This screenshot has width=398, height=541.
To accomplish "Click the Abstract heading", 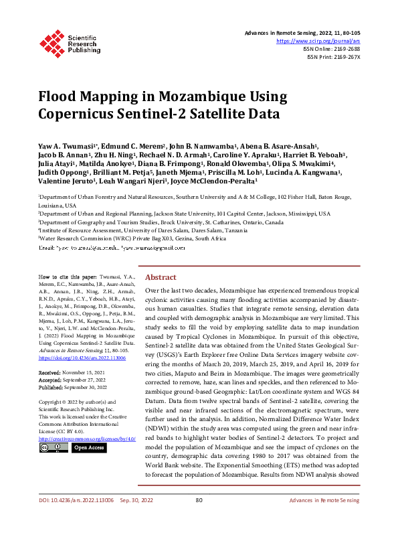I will (161, 277).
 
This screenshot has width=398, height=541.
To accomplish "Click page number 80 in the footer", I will (199, 519).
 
